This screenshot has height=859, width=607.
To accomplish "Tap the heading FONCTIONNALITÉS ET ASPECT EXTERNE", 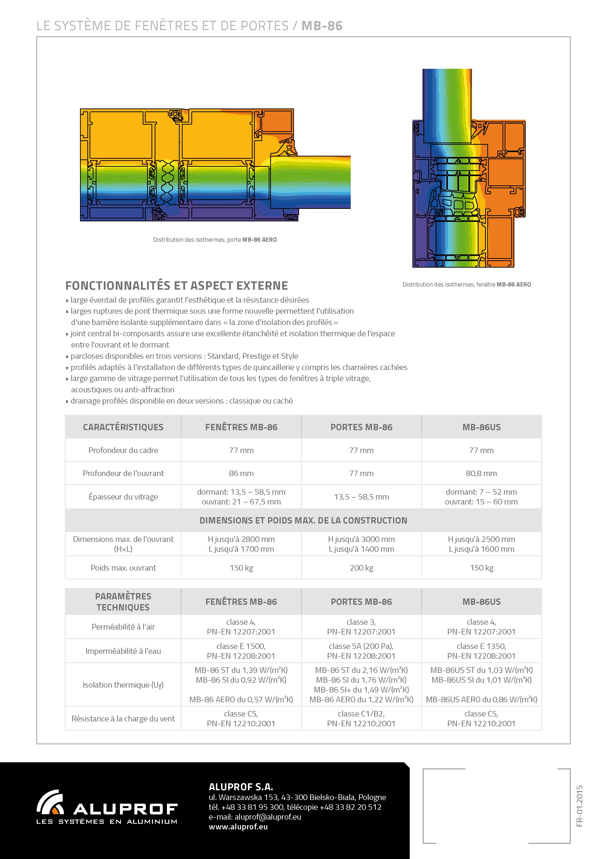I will tap(176, 286).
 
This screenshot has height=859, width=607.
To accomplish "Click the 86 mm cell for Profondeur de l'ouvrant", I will tap(241, 473).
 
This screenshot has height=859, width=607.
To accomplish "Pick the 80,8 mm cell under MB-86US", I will tap(481, 473).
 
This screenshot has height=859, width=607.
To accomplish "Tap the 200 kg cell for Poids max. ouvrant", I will tap(361, 568).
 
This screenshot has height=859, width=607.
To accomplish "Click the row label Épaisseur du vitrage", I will tap(123, 497).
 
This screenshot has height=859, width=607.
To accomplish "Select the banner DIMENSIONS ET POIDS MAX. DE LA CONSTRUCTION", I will tap(303, 520).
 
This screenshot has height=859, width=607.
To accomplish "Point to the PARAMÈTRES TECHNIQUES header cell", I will tap(123, 602).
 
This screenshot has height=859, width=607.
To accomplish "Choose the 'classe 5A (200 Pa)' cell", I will tap(361, 646).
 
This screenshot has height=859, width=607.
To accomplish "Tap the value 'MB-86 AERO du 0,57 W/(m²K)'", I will tap(241, 700).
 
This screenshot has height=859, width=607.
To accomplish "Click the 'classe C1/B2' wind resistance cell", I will tap(361, 714).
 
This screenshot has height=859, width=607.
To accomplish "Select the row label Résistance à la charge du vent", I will tap(123, 719).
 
